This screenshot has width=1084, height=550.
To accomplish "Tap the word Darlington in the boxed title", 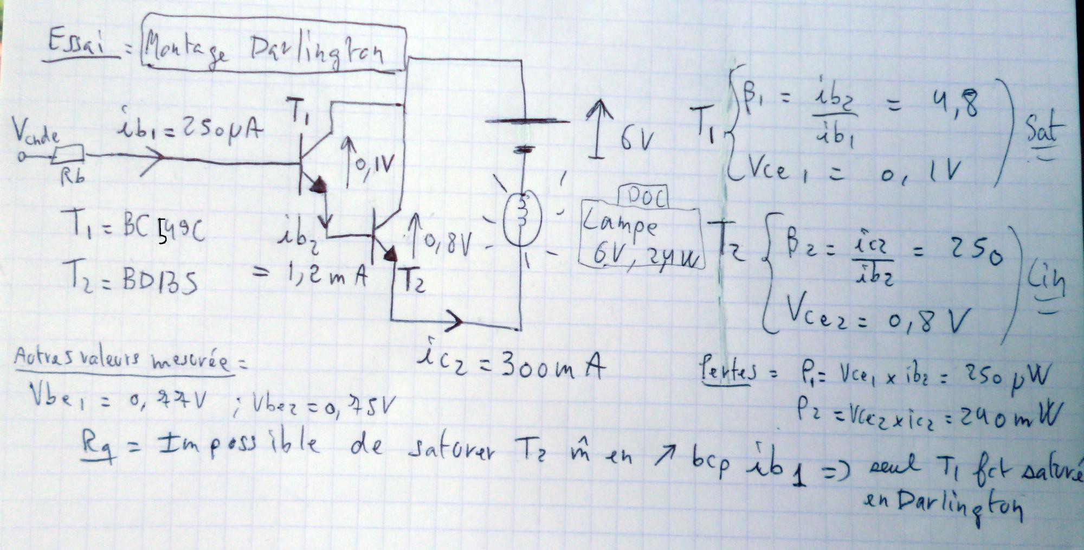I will [318, 54].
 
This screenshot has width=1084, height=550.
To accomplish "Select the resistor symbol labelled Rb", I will [68, 155].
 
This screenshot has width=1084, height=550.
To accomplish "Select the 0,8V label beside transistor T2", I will [448, 244].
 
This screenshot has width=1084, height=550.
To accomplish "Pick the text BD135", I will [160, 283].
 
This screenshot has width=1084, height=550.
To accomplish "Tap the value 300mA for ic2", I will [552, 368].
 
